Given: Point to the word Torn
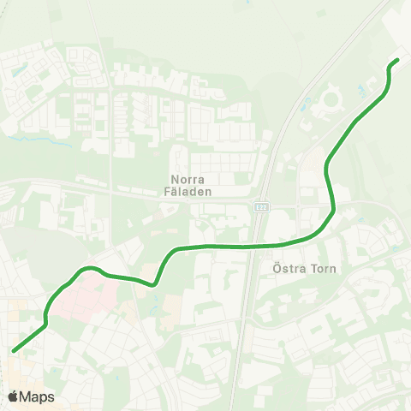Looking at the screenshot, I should (324, 268).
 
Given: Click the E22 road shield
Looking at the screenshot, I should (260, 207).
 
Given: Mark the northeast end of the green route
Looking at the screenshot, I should (396, 61).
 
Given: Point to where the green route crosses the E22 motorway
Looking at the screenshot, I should (255, 246).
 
